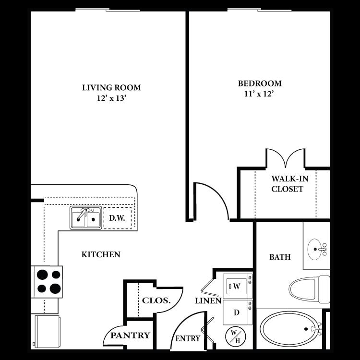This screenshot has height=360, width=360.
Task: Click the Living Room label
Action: [x=111, y=87]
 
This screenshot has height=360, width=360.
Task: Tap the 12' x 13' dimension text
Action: [x=111, y=98]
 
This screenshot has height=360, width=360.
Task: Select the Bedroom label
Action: [x=260, y=84]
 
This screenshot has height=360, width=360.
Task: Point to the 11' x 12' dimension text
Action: [x=260, y=95]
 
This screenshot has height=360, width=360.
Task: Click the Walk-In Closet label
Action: [x=287, y=184]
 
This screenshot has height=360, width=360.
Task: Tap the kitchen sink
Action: [x=86, y=218]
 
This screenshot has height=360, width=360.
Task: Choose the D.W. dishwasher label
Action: [x=117, y=218]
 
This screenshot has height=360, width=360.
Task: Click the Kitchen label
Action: [x=101, y=254]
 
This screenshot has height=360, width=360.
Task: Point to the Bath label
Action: [x=279, y=257]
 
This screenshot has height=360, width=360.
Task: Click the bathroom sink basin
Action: [x=316, y=249]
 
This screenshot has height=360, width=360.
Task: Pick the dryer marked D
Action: [x=237, y=312]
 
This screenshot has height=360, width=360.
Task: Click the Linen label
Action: [x=208, y=301]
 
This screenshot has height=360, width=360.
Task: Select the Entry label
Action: [x=188, y=338]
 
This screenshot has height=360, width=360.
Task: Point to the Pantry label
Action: [x=131, y=336]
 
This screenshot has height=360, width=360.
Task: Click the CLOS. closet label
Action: [x=156, y=301]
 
